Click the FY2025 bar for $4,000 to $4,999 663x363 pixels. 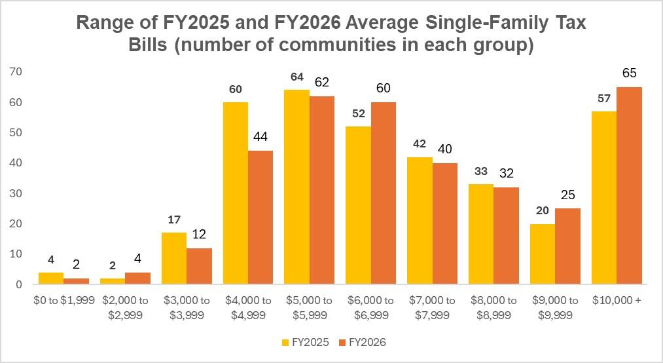pos(235,193)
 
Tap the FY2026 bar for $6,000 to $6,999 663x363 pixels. pos(383,193)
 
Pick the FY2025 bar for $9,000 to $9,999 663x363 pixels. pos(543,254)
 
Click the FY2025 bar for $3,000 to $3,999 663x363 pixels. pos(173,258)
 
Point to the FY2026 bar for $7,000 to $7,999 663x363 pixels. pos(444,223)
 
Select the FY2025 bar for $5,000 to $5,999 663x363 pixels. pos(296,187)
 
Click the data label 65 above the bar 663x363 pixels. pos(629,73)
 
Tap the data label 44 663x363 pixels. pos(260,137)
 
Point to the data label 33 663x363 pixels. pos(481,172)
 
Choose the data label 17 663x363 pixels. pos(173,220)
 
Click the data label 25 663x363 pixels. pos(567,195)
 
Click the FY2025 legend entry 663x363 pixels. pos(304,341)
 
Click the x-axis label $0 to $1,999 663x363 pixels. pos(63,300)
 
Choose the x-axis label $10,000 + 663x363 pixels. pos(617,300)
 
